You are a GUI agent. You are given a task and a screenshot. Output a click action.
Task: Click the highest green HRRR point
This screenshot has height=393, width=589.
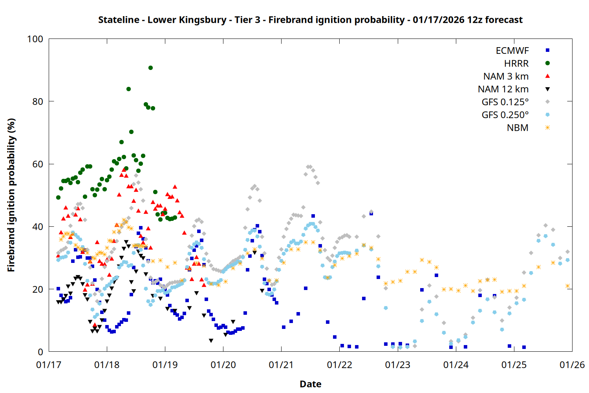click(150, 68)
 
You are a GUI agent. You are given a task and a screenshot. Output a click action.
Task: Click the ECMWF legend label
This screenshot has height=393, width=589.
click(512, 51)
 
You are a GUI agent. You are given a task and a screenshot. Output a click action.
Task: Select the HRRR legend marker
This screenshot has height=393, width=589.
click(547, 63)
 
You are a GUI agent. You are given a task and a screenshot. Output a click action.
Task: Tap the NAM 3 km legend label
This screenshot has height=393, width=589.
click(506, 76)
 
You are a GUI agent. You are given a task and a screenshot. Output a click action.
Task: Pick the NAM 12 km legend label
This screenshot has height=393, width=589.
click(503, 89)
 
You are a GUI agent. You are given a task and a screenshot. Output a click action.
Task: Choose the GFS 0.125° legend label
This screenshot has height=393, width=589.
click(505, 102)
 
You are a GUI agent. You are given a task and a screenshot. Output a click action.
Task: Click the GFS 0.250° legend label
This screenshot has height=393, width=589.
click(505, 115)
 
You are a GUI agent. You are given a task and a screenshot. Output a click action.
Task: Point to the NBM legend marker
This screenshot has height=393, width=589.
click(547, 128)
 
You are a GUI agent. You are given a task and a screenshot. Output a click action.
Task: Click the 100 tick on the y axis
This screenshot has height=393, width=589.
click(35, 39)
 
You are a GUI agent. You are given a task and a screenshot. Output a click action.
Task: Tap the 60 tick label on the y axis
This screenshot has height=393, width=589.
click(38, 164)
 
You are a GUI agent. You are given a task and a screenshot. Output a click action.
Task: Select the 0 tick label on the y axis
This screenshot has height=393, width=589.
click(40, 352)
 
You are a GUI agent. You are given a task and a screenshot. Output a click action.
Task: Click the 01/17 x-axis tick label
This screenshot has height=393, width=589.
click(49, 365)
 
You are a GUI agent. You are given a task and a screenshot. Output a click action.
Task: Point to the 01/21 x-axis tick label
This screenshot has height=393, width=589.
click(281, 365)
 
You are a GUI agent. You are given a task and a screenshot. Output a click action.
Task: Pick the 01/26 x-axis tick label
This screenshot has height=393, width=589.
click(572, 365)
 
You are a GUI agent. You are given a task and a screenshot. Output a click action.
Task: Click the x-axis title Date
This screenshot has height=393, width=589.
click(310, 384)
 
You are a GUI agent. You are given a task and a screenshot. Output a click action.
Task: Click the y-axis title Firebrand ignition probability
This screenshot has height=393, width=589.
click(11, 195)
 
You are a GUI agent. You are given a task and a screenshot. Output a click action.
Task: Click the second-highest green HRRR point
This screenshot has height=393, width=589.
click(128, 89)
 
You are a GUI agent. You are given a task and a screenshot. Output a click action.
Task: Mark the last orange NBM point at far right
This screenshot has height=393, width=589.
click(567, 286)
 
